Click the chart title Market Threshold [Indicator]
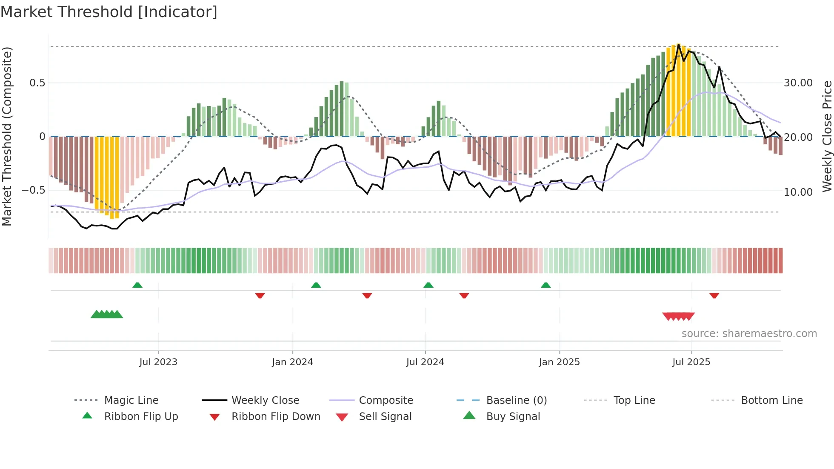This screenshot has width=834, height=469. point(109,12)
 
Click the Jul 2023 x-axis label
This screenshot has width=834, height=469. point(158,362)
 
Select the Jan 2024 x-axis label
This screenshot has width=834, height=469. point(292,362)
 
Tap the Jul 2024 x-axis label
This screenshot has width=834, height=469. point(425,362)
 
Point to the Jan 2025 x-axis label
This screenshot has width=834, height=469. point(559,362)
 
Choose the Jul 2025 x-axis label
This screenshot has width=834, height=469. point(691,362)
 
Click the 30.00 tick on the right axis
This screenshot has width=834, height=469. point(798,83)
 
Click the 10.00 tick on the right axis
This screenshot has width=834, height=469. point(798,192)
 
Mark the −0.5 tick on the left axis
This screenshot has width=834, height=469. point(33,190)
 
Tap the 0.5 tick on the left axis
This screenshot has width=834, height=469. point(37,83)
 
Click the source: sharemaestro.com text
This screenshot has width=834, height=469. point(749,334)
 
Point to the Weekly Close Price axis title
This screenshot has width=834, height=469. point(827,136)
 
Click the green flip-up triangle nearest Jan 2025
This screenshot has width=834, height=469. point(546,285)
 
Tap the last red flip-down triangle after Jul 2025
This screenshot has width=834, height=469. point(714,295)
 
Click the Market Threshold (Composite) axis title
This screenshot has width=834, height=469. point(7,136)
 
